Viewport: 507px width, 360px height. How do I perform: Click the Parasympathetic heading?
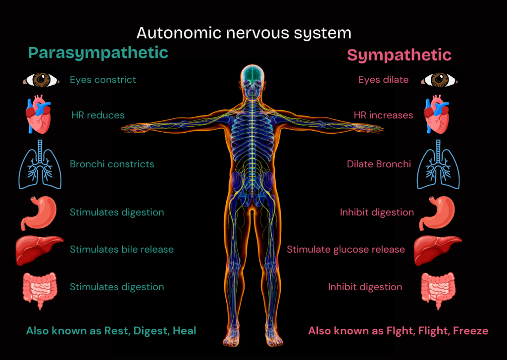[98, 52]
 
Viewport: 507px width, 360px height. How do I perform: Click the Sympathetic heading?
[399, 54]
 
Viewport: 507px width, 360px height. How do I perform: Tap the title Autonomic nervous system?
[244, 33]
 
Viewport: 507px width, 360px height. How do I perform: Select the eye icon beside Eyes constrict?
[40, 80]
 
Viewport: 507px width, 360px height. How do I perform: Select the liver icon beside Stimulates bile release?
[39, 250]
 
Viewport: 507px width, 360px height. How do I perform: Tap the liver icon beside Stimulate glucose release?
[437, 249]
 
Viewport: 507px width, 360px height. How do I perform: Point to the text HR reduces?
[98, 115]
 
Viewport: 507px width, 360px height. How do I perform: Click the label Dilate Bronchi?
[379, 164]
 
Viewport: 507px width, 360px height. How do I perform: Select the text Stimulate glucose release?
[346, 250]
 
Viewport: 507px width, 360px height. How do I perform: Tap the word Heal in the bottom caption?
[184, 331]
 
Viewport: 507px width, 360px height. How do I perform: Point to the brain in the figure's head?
[253, 74]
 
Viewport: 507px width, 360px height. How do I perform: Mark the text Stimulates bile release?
[121, 249]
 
